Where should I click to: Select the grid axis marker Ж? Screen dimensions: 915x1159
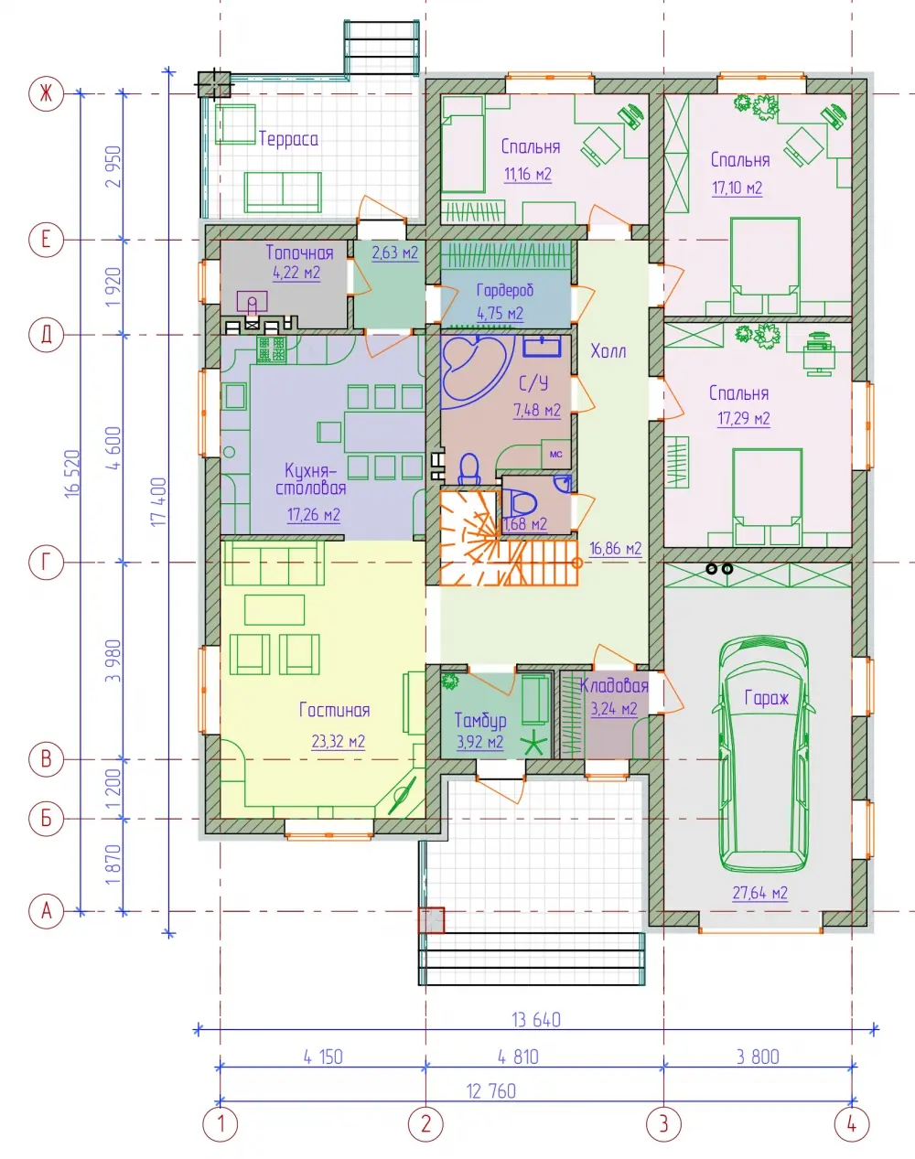[x=47, y=93]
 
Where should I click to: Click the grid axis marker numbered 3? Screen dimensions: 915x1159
[x=663, y=1124]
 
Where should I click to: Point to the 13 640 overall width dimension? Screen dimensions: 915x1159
[x=536, y=1020]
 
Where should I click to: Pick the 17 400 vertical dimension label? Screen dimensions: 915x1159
[x=158, y=502]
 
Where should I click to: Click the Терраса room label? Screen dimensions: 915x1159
[x=288, y=139]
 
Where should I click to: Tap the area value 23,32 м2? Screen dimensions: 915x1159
[x=339, y=742]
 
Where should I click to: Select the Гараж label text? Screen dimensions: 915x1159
[x=766, y=698]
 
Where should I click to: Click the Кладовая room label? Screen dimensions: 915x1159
[x=614, y=685]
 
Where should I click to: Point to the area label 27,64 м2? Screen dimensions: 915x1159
[x=759, y=893]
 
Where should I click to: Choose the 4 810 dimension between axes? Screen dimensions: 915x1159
[x=518, y=1057]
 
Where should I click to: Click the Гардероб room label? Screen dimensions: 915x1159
[x=505, y=291]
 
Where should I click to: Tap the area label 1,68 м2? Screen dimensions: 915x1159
[x=525, y=523]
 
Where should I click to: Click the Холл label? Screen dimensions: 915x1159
[x=608, y=351]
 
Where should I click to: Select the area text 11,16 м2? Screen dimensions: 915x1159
[x=528, y=174]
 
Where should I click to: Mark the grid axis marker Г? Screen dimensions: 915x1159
[x=47, y=563]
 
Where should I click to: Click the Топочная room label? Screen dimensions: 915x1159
[x=299, y=252]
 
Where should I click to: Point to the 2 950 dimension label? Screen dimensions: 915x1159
[x=114, y=166]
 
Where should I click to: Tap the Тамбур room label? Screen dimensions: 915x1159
[x=480, y=721]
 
